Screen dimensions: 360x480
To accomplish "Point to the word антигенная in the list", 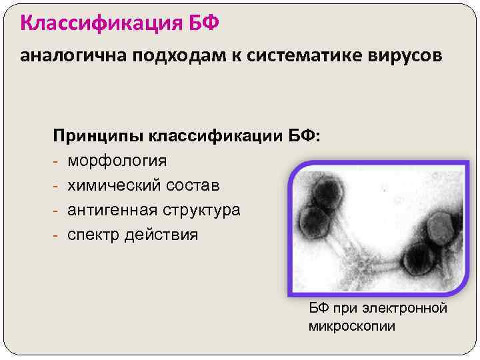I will [x=111, y=210].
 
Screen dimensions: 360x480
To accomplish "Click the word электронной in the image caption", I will [x=410, y=309].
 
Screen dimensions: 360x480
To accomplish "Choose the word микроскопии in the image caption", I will [x=352, y=326].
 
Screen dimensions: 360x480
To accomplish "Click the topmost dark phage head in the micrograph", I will [x=325, y=193].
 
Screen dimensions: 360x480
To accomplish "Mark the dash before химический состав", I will [x=58, y=185].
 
